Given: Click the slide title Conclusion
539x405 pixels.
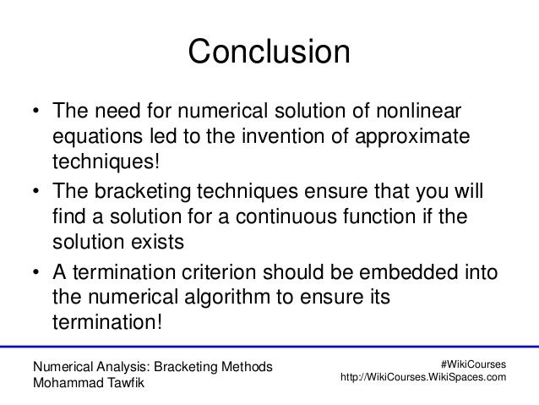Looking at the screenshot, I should tap(269, 52).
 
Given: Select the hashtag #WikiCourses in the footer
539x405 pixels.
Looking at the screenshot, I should tap(474, 363).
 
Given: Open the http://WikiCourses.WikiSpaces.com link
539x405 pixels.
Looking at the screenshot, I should tap(422, 377).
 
